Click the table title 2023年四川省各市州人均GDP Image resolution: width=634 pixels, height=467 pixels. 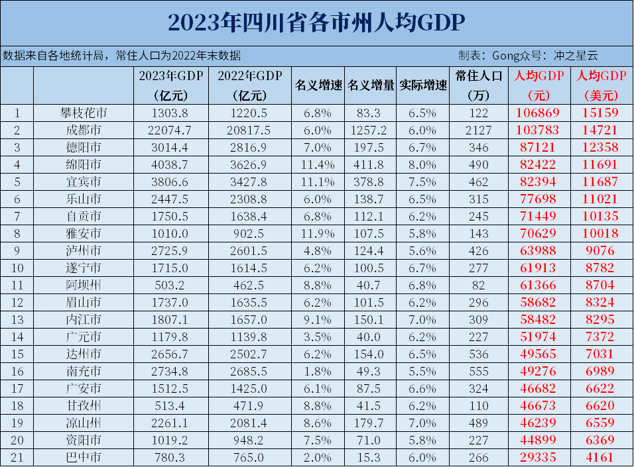pos(316,23)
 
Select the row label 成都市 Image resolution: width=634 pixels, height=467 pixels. pos(83,130)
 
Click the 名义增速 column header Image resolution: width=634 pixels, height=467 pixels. pos(318,85)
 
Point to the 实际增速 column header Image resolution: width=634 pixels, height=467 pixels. pos(424,85)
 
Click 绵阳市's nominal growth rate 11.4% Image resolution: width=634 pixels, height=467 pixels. pos(318,165)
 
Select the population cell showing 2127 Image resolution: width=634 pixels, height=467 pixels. pos(478,130)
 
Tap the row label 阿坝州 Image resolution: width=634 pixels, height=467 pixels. pos(83,285)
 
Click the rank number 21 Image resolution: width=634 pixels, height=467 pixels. pos(17,457)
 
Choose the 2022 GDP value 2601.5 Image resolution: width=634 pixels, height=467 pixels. pos(250,250)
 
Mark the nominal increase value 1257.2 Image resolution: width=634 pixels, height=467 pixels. pos(370,130)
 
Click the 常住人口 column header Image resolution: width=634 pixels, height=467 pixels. pos(478,76)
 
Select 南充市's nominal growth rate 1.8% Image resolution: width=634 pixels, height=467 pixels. pos(318,371)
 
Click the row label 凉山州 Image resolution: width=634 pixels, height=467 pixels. pos(83,423)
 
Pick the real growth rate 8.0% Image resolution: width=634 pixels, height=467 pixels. pos(424,165)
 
